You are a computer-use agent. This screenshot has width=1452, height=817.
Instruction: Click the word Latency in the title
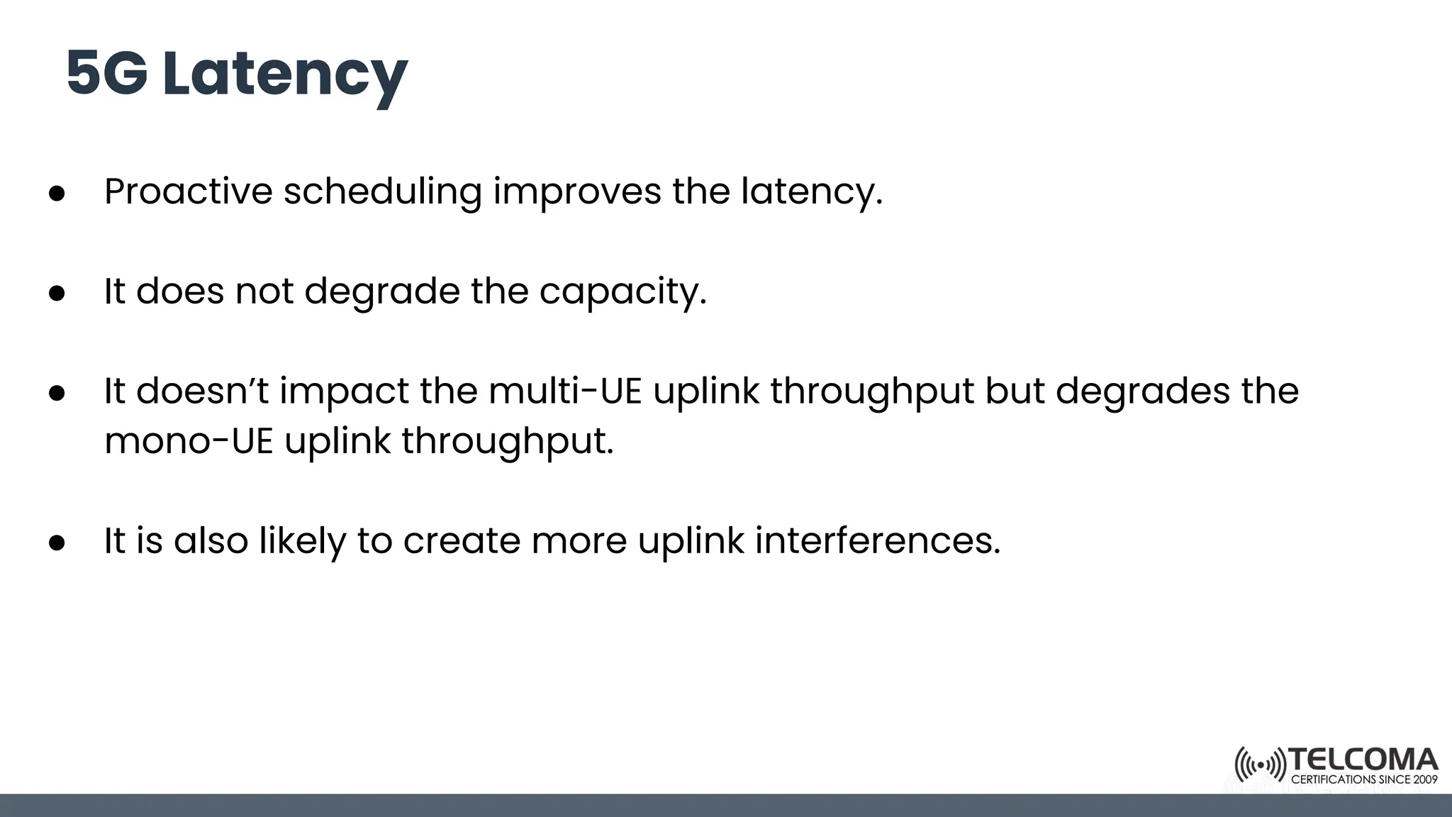click(284, 74)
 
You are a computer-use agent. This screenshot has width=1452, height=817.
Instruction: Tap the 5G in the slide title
click(107, 74)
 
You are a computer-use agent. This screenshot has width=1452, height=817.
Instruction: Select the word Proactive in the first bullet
click(188, 191)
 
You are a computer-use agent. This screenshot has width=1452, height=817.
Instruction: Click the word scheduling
click(382, 191)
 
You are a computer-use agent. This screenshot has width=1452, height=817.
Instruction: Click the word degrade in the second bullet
click(381, 291)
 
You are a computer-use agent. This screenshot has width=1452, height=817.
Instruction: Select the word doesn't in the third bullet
click(202, 391)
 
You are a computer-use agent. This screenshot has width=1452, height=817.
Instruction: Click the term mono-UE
click(189, 440)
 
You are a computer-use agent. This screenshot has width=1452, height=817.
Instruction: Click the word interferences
click(878, 540)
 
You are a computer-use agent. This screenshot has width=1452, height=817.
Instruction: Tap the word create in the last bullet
click(461, 540)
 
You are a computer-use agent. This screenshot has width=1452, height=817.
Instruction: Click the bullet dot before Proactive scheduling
click(57, 193)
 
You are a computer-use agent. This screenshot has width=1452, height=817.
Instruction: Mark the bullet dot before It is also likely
click(57, 543)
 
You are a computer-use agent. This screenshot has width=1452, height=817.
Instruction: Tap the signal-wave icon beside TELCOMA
click(1260, 765)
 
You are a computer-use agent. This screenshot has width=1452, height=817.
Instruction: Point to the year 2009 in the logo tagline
click(1425, 779)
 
